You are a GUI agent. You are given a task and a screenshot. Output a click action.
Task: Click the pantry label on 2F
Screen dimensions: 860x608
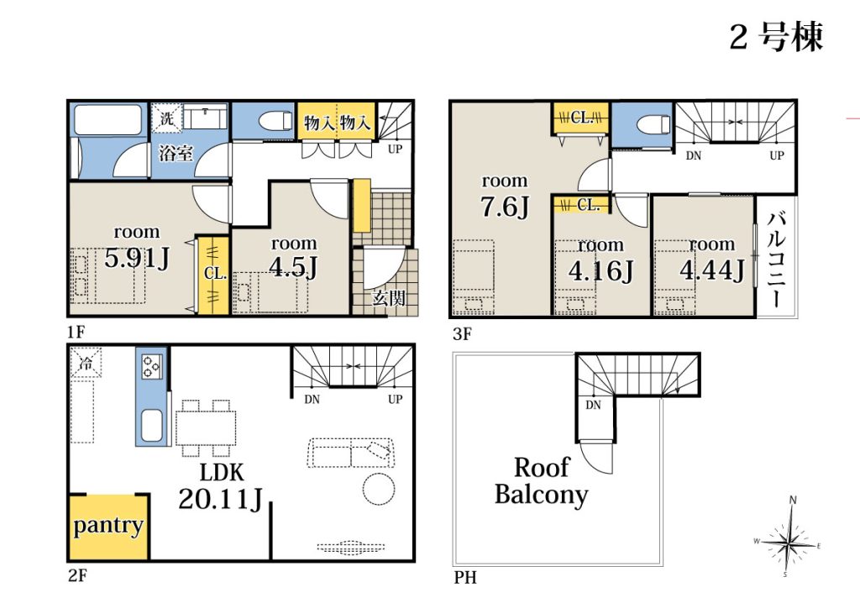pos(108,526)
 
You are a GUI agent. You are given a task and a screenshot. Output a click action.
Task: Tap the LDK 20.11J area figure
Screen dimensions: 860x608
pos(221,498)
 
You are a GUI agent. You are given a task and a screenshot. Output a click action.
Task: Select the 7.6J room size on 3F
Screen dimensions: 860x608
pos(505,206)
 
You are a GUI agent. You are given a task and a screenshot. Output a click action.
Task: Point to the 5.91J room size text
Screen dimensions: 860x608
pos(137,258)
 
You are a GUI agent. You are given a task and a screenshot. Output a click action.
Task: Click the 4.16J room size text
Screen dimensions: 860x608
pos(600,270)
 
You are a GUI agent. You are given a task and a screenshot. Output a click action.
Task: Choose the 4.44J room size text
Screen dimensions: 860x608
pos(712,270)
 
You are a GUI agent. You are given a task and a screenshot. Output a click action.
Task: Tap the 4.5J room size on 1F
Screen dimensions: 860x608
pos(293,267)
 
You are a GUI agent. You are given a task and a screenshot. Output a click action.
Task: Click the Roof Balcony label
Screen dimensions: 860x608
pos(542,481)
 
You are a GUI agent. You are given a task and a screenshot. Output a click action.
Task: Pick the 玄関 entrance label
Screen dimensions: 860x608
pos(388,298)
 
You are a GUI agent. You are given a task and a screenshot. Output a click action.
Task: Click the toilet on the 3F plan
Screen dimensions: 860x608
pos(653,124)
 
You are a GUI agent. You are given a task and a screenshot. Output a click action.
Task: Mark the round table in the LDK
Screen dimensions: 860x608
pos(379,487)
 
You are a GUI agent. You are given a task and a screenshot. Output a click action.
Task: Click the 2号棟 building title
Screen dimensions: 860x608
pos(776,37)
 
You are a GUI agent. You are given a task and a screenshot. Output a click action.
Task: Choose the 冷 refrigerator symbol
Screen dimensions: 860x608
pos(86,363)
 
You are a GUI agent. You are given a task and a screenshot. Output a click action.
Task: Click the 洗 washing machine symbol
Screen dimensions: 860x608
pos(167,118)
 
